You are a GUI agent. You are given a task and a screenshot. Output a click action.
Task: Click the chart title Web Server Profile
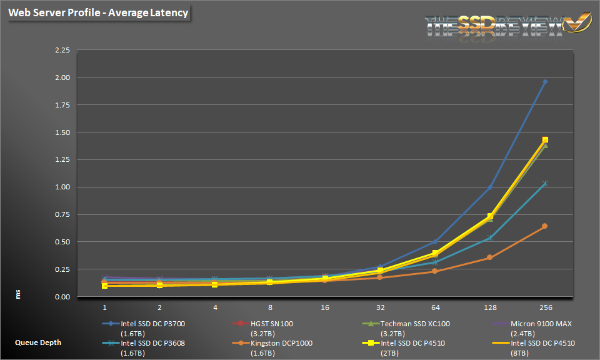coord(98,13)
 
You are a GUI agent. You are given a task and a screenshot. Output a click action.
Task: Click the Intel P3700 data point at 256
coord(545,81)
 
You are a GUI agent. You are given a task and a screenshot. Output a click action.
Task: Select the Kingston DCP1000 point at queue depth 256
coord(545,226)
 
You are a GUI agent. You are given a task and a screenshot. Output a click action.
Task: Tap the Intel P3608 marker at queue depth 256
coord(545,184)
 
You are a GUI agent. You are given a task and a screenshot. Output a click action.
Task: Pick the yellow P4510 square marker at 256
coord(545,140)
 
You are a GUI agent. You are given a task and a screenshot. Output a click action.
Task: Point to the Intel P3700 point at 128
coord(490,187)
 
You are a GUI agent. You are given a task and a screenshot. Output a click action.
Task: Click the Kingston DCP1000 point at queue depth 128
coord(490,257)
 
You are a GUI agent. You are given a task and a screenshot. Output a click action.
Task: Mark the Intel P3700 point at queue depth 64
coord(435,242)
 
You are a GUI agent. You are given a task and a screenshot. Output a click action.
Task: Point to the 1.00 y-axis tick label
coord(62,187)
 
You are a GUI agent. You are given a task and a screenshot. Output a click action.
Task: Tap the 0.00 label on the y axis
coord(62,297)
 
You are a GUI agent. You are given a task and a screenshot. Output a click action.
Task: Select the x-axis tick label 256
coord(545,307)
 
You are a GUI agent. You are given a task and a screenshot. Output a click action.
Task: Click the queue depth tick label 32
coord(380,307)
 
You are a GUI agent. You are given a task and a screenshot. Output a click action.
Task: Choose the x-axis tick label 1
coord(104,307)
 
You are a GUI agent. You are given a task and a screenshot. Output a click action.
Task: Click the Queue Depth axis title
coord(38,342)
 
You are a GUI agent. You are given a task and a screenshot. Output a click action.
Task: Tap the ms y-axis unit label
coord(19,293)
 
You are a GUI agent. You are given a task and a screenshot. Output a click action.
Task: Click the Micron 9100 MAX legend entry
coord(541,324)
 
